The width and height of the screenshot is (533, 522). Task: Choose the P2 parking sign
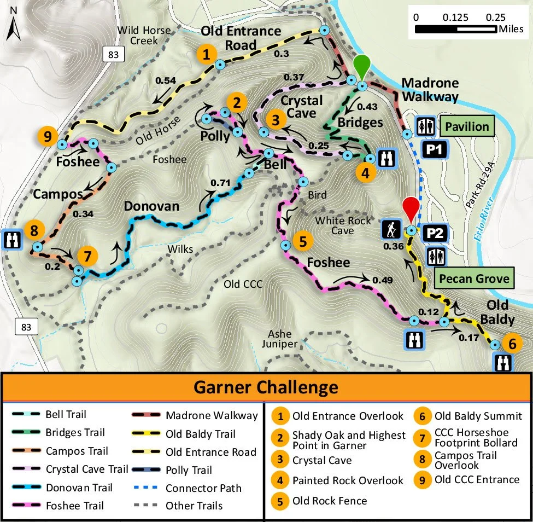(x=435, y=233)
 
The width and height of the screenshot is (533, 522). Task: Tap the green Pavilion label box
(x=466, y=127)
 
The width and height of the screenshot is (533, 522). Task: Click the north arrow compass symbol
(x=14, y=28)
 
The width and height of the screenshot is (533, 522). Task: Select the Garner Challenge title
(x=266, y=388)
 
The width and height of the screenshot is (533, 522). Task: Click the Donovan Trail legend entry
(x=79, y=488)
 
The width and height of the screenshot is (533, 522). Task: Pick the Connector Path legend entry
(x=203, y=488)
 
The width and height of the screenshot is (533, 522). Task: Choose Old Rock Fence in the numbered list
(x=330, y=501)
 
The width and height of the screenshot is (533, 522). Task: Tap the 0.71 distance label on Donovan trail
(x=221, y=182)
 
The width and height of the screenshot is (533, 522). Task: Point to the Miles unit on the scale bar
(x=511, y=28)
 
